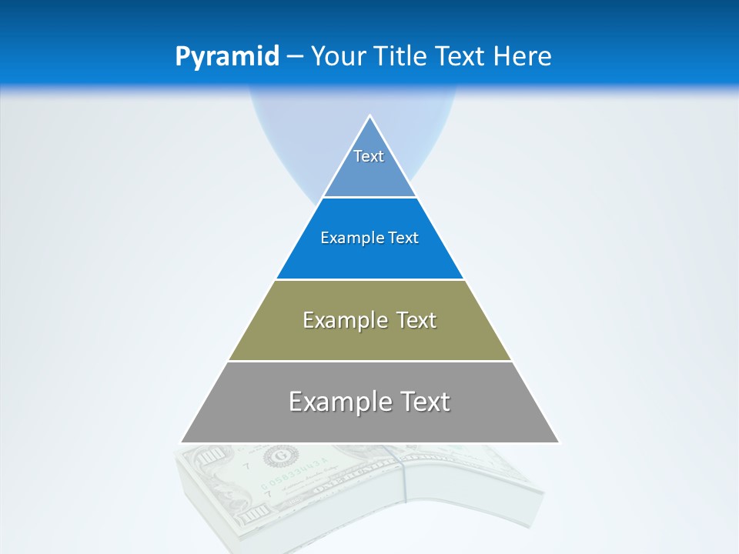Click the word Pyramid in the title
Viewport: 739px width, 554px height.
(x=227, y=57)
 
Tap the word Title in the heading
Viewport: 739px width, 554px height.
(x=401, y=56)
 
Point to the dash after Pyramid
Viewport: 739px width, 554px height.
(x=294, y=57)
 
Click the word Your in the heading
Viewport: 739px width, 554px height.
(x=339, y=56)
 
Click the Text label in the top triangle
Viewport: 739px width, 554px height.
(x=369, y=156)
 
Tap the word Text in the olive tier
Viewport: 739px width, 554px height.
(x=418, y=320)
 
